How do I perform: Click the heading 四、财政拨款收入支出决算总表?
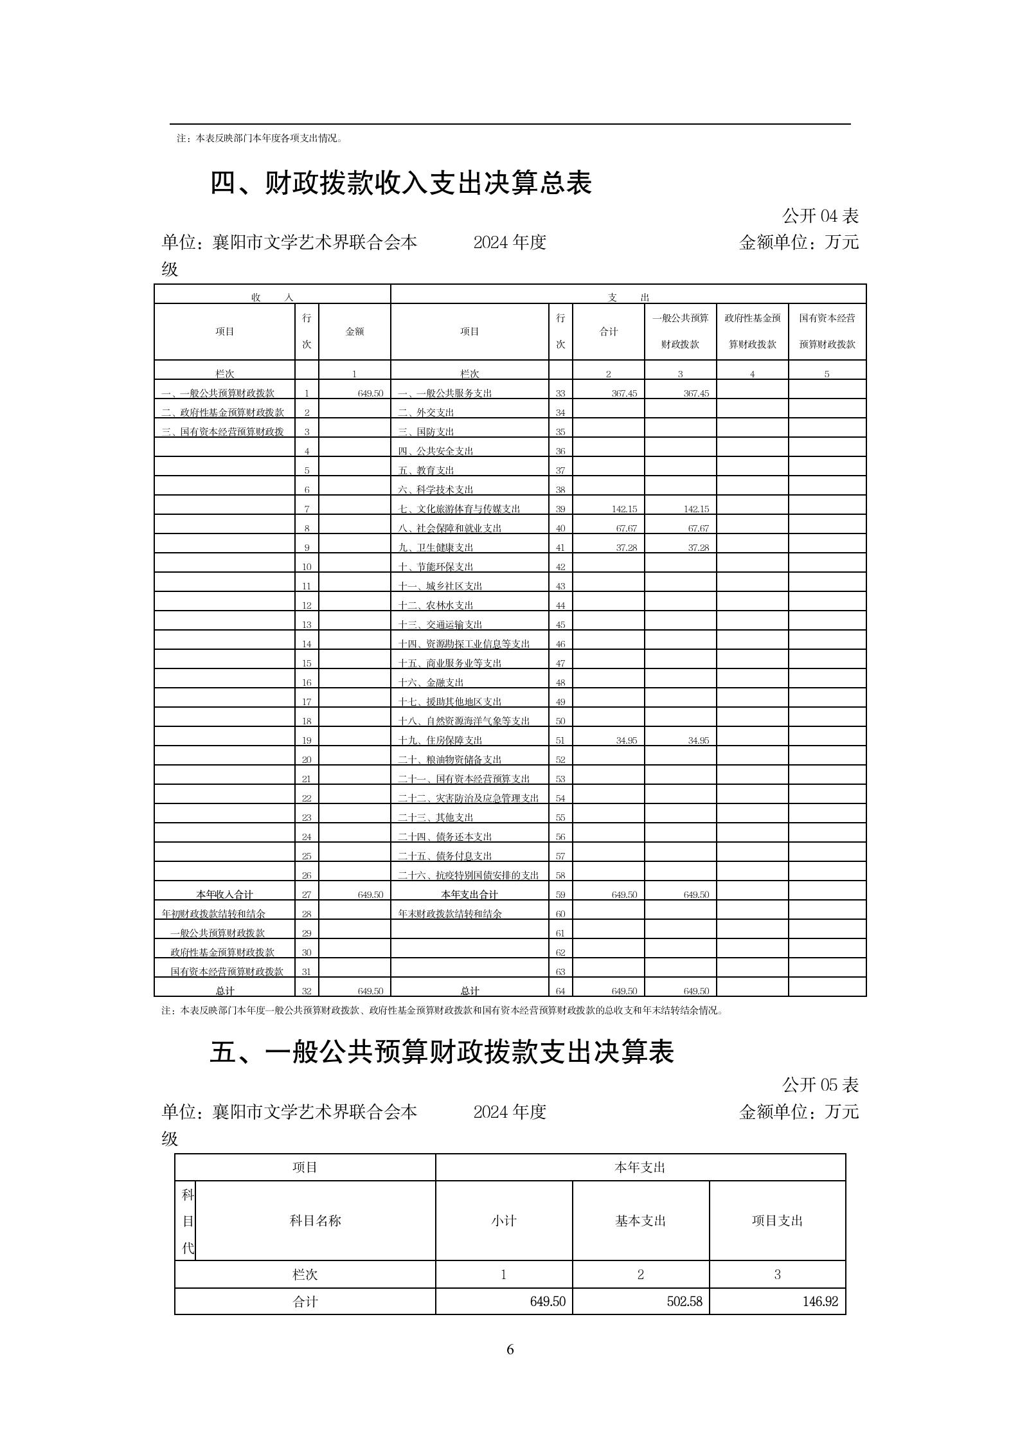(x=400, y=183)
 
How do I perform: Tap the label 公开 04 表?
(x=820, y=216)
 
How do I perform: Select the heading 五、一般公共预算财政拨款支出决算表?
(x=442, y=1053)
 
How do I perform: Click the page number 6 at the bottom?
(x=510, y=1349)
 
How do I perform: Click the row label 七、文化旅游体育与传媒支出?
(x=459, y=509)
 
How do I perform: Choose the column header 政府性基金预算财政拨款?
(x=752, y=331)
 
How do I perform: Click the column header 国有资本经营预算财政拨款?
(x=827, y=331)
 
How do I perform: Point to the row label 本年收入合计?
(x=224, y=895)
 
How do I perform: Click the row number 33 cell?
(x=560, y=393)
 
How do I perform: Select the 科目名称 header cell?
(x=315, y=1221)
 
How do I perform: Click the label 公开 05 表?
(x=820, y=1086)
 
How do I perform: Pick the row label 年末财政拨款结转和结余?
(x=450, y=914)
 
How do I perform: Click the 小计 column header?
(x=503, y=1221)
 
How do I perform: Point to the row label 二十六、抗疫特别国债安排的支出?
(x=469, y=875)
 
